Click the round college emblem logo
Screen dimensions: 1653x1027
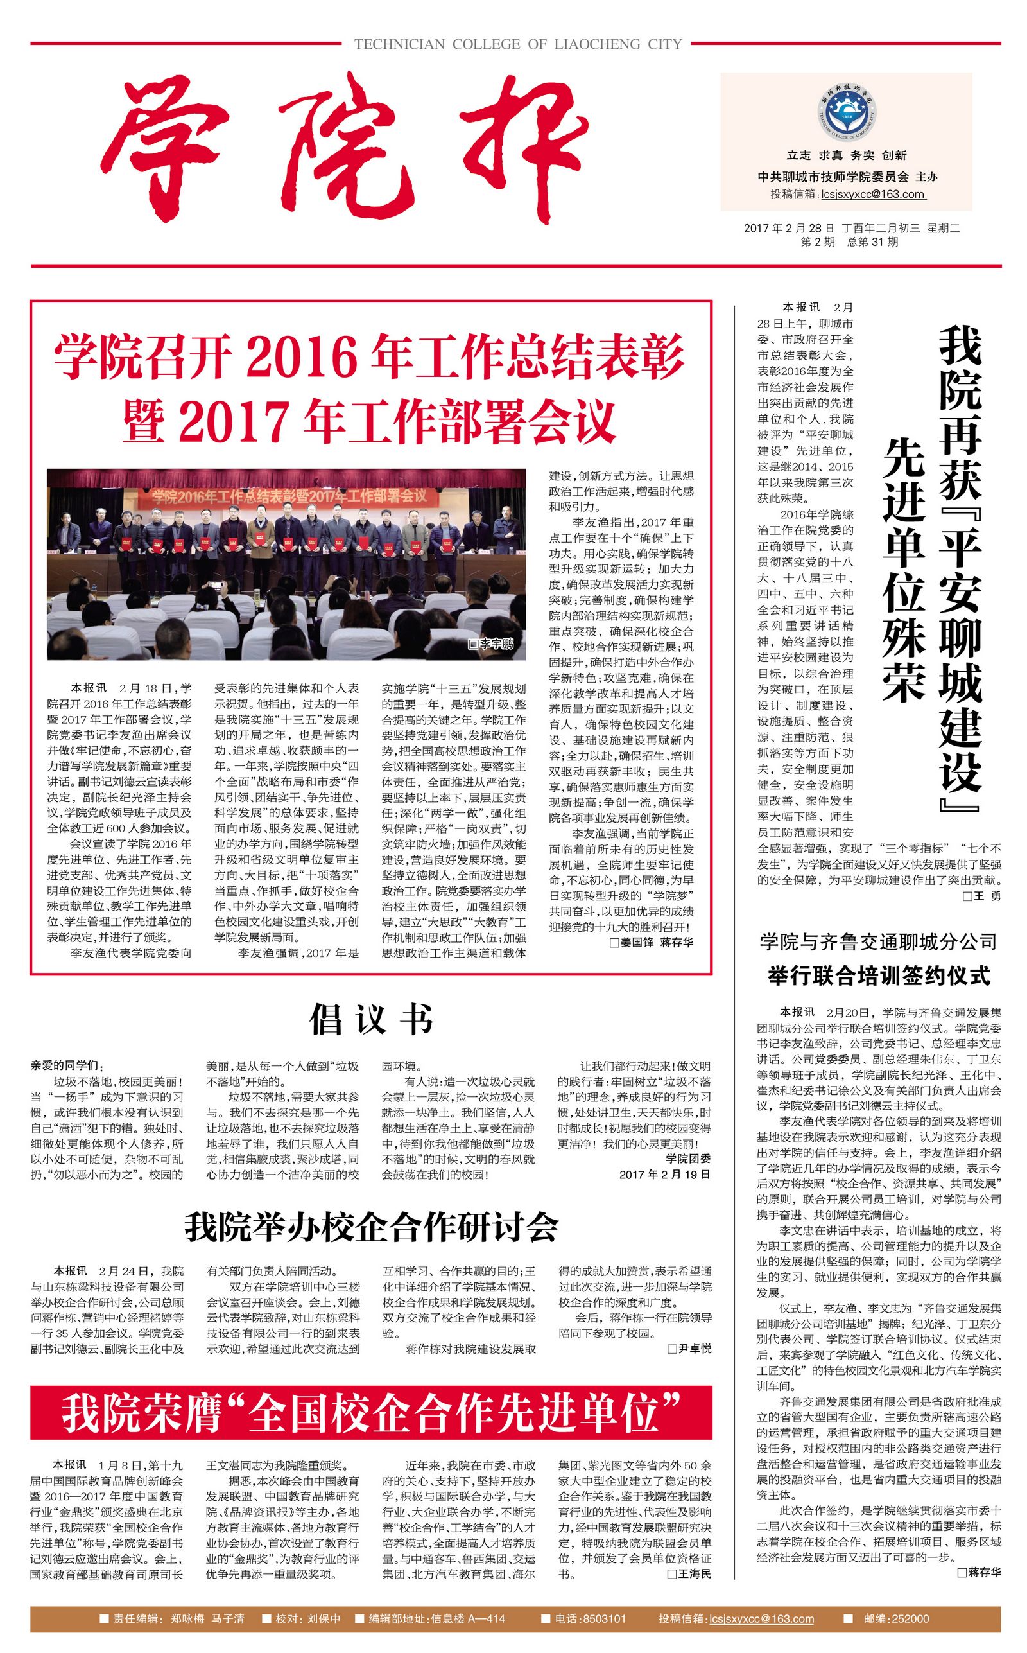point(847,112)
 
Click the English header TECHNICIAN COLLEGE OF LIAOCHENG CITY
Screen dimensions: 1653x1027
point(517,45)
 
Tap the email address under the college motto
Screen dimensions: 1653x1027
point(873,195)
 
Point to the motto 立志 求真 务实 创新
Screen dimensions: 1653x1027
point(847,155)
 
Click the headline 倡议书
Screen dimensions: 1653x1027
point(371,1020)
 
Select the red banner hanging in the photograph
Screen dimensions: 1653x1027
point(288,496)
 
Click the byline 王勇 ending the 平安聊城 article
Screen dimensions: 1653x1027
point(982,896)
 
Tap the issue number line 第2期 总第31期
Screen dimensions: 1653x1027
point(849,243)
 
